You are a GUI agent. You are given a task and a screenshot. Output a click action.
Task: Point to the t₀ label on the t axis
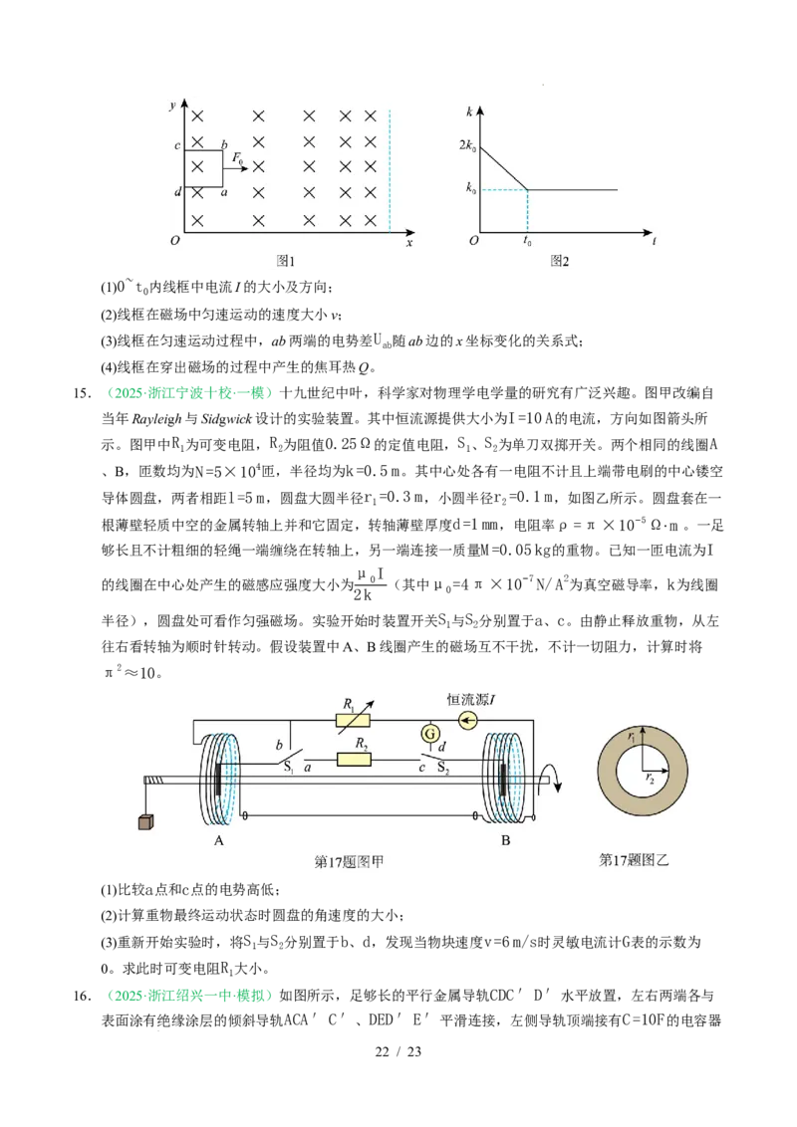click(527, 241)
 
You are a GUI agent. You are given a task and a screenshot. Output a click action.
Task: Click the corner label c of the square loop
click(177, 146)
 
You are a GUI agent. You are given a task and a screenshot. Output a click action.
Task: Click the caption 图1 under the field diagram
click(286, 261)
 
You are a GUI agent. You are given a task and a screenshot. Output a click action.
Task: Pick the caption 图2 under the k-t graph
click(559, 261)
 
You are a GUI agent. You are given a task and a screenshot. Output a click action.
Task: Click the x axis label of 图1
click(409, 242)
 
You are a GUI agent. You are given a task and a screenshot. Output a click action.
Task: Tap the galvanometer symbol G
click(430, 734)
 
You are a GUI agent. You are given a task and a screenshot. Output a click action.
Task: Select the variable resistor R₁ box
click(354, 720)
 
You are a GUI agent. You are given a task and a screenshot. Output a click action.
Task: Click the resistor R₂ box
click(354, 760)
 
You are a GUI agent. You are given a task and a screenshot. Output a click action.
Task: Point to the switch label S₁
click(287, 768)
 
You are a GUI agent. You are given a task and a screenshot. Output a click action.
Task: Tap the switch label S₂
click(444, 769)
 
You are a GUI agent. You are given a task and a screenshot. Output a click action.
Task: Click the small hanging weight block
click(145, 821)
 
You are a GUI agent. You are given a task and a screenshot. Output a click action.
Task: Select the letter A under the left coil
click(219, 840)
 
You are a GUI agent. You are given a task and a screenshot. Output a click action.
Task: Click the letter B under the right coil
click(505, 840)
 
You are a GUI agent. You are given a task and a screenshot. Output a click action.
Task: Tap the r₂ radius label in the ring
click(649, 777)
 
